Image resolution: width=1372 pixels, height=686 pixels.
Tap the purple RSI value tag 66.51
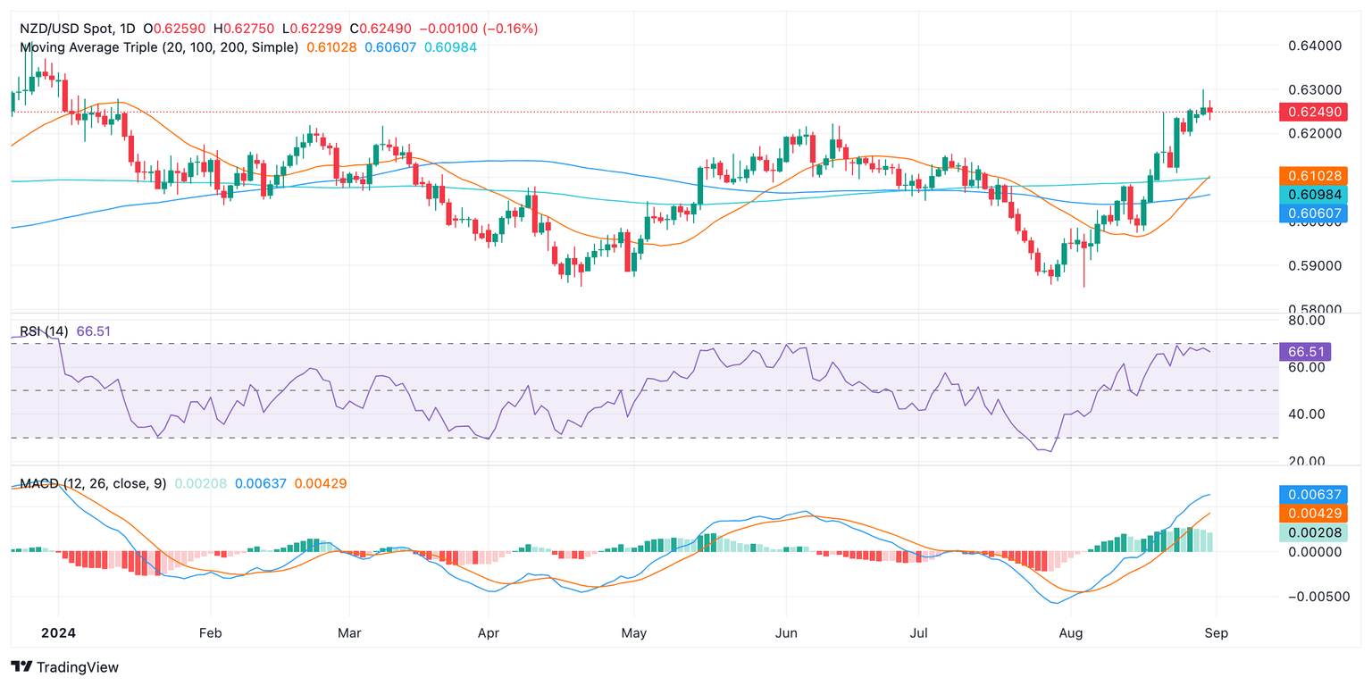(x=1311, y=350)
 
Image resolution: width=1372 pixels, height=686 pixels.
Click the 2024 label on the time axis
(x=58, y=632)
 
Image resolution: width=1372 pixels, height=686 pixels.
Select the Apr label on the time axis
(x=489, y=632)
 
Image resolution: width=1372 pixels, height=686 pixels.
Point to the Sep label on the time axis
(x=1216, y=632)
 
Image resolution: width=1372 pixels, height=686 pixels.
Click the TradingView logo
(x=64, y=667)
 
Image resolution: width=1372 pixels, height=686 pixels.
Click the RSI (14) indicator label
(x=45, y=331)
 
